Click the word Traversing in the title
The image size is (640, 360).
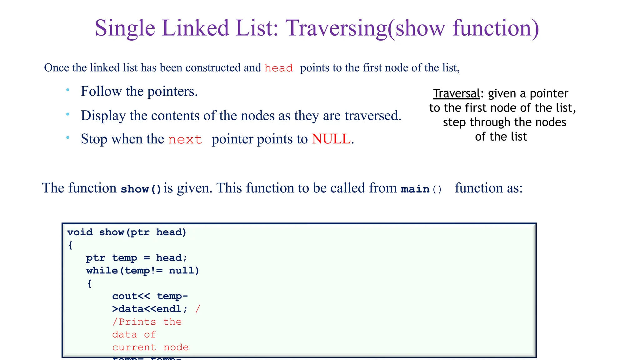(336, 28)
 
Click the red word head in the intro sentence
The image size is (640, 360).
(278, 68)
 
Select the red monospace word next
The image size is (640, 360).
(185, 139)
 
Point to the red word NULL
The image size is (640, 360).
(331, 139)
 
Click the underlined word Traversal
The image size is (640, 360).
(456, 93)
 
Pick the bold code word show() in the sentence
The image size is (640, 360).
(141, 189)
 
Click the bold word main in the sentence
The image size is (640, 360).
(415, 189)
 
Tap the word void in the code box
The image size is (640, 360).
(80, 232)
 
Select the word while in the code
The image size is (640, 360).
(102, 271)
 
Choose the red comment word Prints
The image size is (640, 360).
(137, 322)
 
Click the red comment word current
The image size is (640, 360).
(134, 347)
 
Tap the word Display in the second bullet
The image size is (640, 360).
(103, 116)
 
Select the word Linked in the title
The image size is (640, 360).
(196, 28)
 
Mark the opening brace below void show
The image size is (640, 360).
(70, 245)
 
